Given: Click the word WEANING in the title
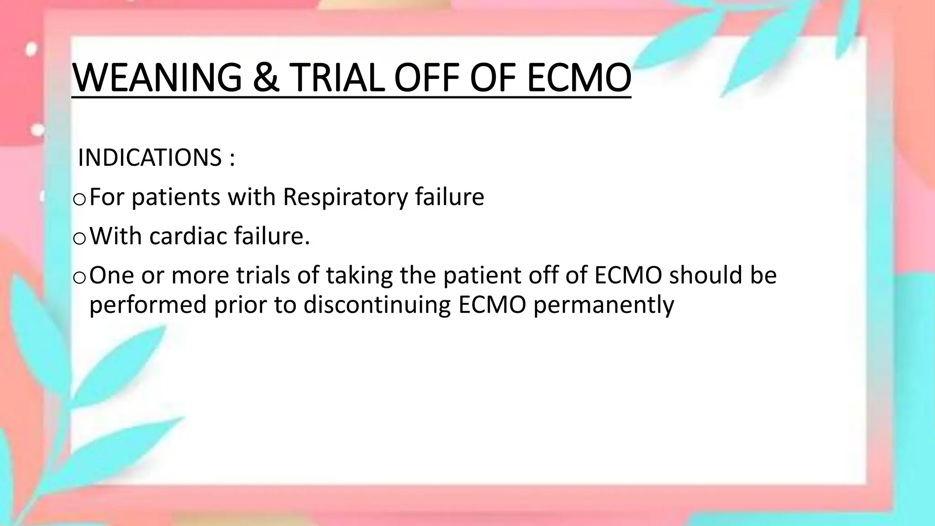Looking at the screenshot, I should [x=157, y=78].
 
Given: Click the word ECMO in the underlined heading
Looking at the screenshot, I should [x=579, y=78].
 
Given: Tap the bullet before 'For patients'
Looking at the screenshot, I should [x=79, y=199].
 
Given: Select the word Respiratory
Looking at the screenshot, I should [x=345, y=197].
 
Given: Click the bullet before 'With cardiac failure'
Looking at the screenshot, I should [x=79, y=238].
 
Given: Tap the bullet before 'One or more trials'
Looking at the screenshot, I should [x=79, y=278].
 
